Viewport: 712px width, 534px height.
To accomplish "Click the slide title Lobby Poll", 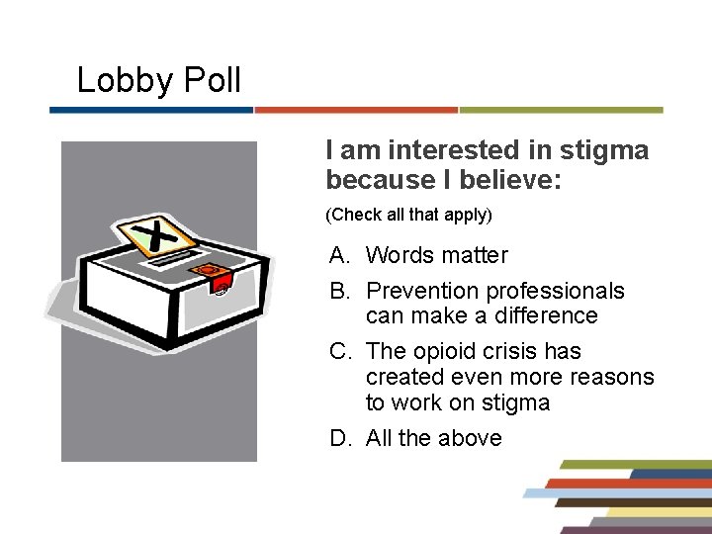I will [158, 80].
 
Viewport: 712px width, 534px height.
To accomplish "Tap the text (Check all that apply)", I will [408, 214].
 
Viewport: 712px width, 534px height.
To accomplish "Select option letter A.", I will [340, 255].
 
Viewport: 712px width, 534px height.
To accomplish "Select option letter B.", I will [340, 291].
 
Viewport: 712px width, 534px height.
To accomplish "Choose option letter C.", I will [340, 351].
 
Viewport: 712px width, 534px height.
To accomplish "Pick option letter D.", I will [340, 438].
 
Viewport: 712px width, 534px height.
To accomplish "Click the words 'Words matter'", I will [436, 255].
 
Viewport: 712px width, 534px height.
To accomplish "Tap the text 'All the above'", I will [433, 438].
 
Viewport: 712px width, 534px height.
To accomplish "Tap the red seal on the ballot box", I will [211, 271].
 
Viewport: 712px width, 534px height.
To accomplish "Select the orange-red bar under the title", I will [356, 110].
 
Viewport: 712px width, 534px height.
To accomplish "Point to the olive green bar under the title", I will [561, 110].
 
